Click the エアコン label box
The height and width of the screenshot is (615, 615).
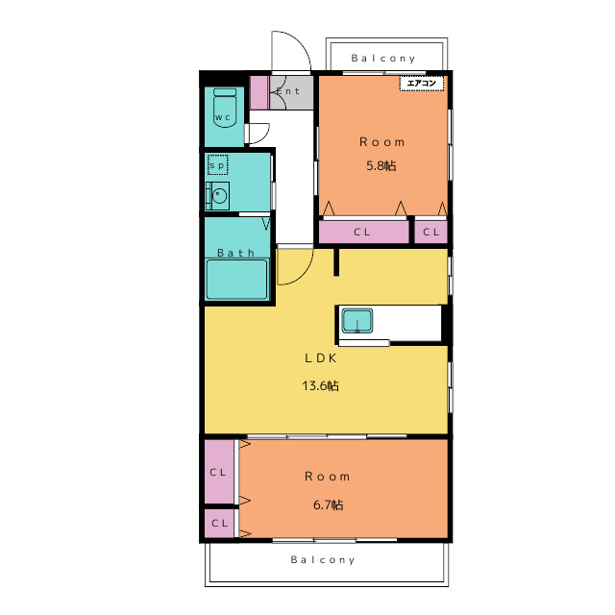[422, 84]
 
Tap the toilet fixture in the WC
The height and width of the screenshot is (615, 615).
[225, 108]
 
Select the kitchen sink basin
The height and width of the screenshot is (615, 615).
[357, 321]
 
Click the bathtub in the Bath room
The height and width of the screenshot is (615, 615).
[237, 279]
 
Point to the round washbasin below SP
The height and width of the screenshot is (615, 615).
[219, 195]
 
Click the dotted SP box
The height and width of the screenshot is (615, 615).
[218, 165]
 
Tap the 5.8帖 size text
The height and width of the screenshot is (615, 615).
[381, 165]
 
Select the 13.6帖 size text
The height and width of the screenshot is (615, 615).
[320, 385]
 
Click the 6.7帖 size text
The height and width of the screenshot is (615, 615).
[329, 504]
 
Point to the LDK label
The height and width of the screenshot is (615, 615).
[321, 358]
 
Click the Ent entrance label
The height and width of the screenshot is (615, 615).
[288, 91]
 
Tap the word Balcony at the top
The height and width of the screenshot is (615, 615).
[382, 59]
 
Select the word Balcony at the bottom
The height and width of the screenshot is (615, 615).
[323, 559]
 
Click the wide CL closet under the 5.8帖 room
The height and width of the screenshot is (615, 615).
[363, 232]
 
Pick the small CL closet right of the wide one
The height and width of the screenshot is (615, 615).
[431, 232]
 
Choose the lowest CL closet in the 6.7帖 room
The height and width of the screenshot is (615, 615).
[219, 523]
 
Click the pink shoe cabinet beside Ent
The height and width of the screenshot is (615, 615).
[259, 92]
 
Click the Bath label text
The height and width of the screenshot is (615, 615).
[235, 253]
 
